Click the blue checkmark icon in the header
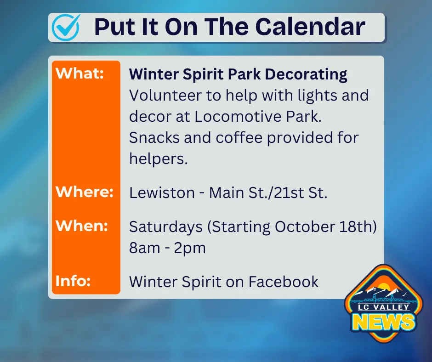coord(66,28)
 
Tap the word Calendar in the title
coord(310,27)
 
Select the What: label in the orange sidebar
coord(80,74)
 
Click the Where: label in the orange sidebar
coord(85,192)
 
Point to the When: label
coord(82,226)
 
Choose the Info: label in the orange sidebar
coord(73,281)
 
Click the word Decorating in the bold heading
coord(306,74)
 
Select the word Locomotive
coord(238,116)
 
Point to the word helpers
coord(159,158)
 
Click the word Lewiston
coord(162,192)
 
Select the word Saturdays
coord(166,227)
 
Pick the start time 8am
coord(145,248)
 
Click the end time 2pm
coord(190,248)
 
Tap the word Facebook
coord(284,282)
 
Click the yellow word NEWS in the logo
coord(383,322)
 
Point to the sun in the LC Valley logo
coord(383,287)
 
